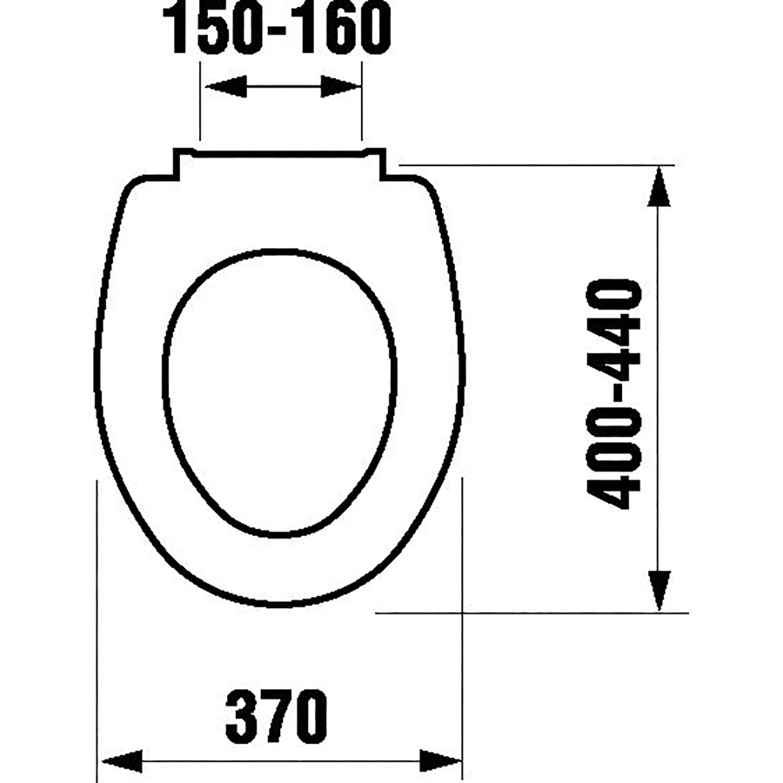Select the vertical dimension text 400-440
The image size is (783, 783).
[614, 394]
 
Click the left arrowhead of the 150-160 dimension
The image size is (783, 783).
[226, 86]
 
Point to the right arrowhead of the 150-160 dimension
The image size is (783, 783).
[340, 86]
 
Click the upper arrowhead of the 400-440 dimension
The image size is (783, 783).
[659, 186]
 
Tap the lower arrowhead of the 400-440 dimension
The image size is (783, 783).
[659, 591]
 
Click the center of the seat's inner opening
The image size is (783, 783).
[279, 393]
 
